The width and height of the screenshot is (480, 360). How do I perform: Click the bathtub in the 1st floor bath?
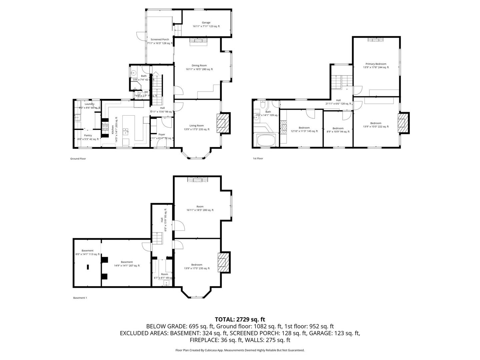266,140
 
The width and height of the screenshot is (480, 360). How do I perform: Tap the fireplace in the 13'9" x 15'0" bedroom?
403,123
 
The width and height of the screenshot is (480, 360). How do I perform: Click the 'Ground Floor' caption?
78,159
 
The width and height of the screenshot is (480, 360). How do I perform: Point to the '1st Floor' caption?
258,158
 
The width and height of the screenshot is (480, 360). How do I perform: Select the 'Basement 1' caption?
80,298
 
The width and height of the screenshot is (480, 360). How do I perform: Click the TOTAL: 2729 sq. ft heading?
240,319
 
